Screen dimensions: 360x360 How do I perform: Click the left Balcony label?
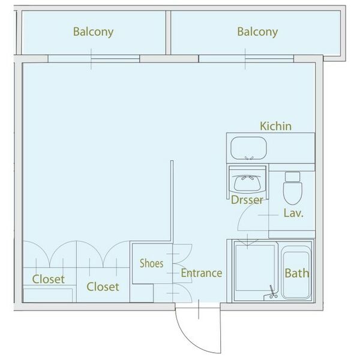[x=93, y=32]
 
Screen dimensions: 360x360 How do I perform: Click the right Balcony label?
[x=257, y=32]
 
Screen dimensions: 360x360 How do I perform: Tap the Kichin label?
[x=276, y=126]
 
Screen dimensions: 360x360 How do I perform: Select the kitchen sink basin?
[x=248, y=148]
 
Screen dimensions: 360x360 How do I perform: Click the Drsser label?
[x=247, y=200]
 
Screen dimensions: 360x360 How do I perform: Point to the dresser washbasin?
[x=247, y=183]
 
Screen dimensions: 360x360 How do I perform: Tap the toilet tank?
[x=293, y=177]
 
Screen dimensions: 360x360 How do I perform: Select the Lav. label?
[x=293, y=213]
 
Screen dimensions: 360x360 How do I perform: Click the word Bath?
[x=297, y=273]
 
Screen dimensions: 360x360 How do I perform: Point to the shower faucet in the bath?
[x=272, y=292]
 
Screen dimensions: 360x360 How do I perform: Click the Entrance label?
[x=202, y=273]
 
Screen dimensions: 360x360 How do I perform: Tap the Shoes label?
[x=152, y=263]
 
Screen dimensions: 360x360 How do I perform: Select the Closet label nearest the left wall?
[x=49, y=279]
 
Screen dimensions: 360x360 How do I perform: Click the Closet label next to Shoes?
[x=103, y=287]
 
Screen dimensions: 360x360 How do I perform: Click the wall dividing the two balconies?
[x=168, y=32]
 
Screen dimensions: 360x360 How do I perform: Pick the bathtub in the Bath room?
[x=296, y=272]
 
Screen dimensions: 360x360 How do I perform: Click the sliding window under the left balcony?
[x=94, y=59]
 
